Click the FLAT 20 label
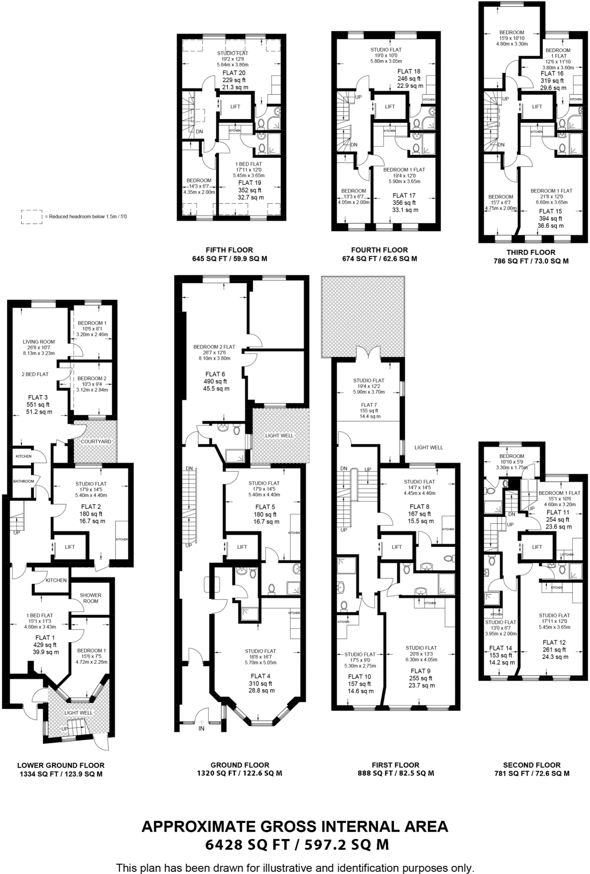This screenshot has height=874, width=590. point(234,73)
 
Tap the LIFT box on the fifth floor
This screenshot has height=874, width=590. point(235,107)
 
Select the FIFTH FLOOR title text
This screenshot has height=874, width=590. point(229,250)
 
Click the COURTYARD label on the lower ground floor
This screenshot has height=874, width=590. point(96,442)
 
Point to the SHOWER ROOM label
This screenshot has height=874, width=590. point(90,598)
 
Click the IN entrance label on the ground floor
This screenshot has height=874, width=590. point(201,728)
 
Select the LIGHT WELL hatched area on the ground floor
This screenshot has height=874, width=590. point(279,436)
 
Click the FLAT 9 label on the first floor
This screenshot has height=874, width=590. point(420,671)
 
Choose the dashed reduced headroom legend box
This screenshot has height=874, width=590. point(32,217)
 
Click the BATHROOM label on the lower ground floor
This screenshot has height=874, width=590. point(23,481)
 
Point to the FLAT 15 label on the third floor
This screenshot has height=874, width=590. point(550,211)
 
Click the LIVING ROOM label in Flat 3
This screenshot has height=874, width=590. point(38,342)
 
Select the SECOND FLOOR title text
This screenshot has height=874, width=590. point(532,765)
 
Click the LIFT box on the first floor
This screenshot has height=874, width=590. point(396,547)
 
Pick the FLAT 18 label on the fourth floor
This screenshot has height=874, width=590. point(409,71)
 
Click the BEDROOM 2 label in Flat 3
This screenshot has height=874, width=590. point(92,379)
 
